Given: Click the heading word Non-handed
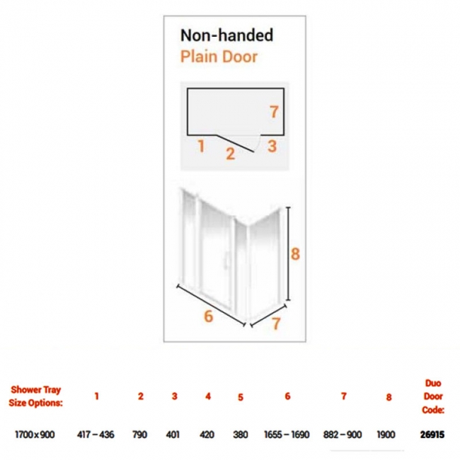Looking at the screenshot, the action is coord(226,35).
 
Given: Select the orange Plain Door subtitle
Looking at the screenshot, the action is coord(219,57).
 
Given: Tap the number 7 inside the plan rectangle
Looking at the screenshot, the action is coord(274,112).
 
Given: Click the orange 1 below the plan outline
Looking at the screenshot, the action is coord(201,146).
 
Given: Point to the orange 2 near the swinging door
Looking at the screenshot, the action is coord(230,154).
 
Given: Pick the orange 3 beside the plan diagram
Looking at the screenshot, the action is coord(272,146).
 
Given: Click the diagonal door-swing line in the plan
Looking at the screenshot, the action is coord(235,143).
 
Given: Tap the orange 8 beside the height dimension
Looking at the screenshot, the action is coord(295,254).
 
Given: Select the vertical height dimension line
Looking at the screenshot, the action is coord(288,254).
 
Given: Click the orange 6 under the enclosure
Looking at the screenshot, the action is coord(208,316).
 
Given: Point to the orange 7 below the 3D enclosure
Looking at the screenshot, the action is coord(276,324).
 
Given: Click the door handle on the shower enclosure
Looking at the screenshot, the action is coord(225,260).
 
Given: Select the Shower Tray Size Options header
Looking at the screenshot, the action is coord(36,396).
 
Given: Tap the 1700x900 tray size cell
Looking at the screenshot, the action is coord(35,435).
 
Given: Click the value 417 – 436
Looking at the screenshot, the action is coord(96,435).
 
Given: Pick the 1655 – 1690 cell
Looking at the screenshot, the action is coord(287,435).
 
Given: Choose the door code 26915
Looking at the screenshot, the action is coord(432,435).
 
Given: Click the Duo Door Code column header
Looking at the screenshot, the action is coord(433,396).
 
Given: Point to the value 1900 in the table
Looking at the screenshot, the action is coord(386,435).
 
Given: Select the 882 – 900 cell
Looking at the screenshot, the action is coord(343,435).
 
